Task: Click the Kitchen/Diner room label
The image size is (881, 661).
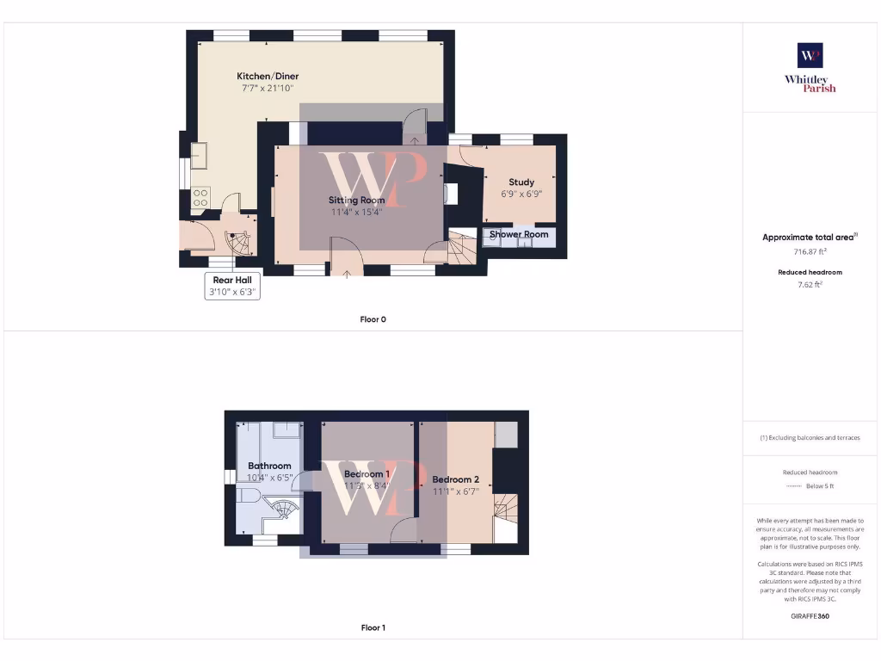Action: tap(268, 77)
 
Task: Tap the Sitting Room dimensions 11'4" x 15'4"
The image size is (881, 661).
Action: tap(356, 212)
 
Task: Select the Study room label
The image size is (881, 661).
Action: tap(521, 182)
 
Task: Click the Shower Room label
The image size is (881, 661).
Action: tap(519, 234)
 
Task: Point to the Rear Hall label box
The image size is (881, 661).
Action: tap(232, 286)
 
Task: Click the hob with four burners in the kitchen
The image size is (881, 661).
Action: tap(200, 197)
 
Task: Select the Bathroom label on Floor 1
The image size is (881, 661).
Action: tap(269, 466)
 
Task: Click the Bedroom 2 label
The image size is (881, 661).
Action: tap(455, 479)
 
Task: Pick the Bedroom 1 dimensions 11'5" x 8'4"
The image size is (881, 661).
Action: tap(367, 485)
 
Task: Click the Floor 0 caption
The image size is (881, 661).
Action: tap(373, 319)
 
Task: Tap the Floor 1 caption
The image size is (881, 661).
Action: tap(373, 628)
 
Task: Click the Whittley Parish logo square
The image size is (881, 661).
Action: tap(810, 56)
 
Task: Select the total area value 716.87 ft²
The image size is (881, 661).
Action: tap(810, 252)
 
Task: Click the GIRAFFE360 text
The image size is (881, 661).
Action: tap(810, 616)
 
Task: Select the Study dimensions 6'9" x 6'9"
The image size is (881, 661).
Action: tap(521, 194)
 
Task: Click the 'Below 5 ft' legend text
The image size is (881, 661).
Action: tap(820, 486)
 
